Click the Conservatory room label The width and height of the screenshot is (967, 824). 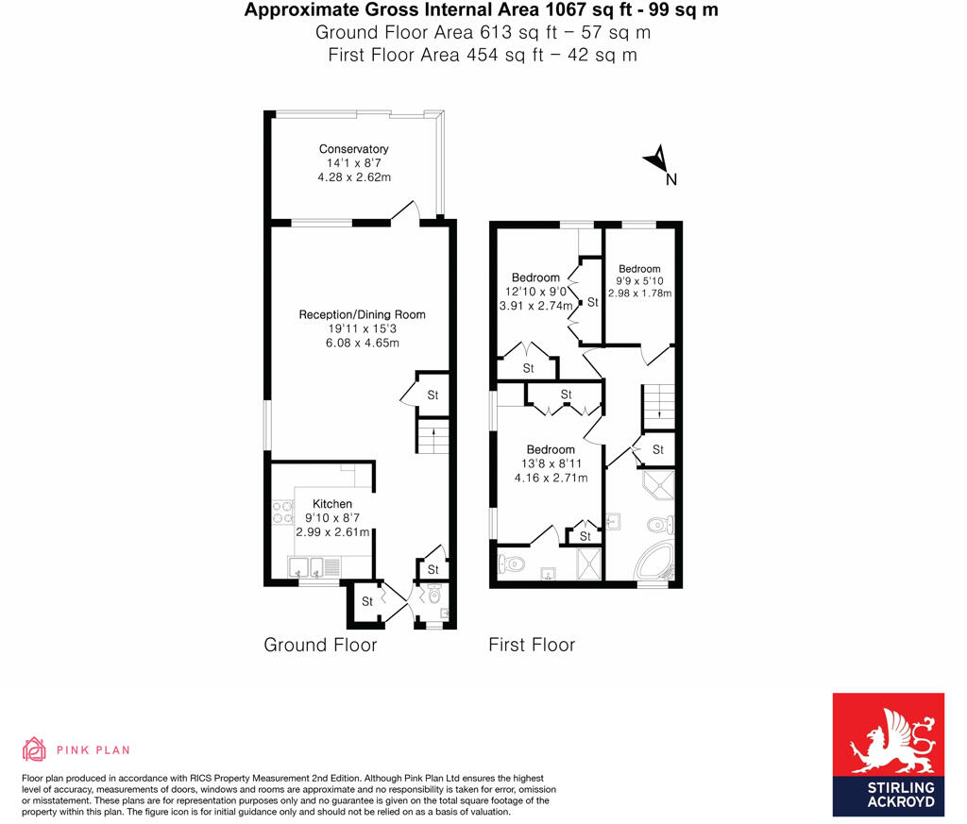pos(353,149)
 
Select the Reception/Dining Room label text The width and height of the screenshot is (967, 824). pos(362,314)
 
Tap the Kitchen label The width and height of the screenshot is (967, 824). pos(332,504)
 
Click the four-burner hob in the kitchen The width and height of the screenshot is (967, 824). pos(281,513)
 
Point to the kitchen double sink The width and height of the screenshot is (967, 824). pos(306,567)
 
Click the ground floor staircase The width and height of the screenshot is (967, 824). pos(432,439)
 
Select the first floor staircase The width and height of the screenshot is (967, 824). pos(657,405)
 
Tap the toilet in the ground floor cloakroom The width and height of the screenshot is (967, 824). pos(433,596)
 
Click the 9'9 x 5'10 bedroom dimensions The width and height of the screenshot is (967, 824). pos(639,280)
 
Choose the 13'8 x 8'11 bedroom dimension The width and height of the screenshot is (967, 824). pos(551,463)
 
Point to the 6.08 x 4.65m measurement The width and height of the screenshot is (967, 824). pos(362,343)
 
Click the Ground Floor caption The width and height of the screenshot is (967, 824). pos(320,646)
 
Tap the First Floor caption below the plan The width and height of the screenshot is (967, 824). pos(532,646)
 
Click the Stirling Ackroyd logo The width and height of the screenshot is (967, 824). pos(888,755)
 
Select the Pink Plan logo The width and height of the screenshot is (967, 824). pos(76,749)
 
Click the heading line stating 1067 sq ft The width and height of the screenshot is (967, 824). pos(483,10)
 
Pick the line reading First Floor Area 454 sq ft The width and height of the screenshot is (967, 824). pos(483,55)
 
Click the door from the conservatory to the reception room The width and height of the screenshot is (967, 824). pos(404,211)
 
